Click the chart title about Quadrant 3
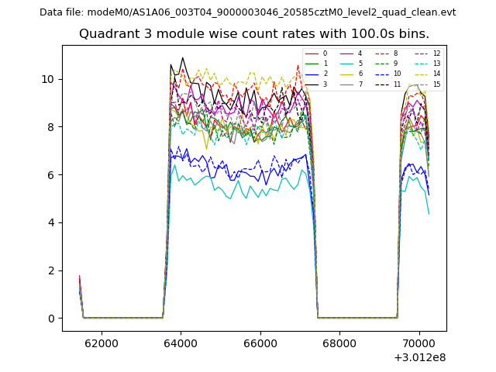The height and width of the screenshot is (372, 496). [x=253, y=34]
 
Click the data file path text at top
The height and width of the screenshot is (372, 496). [x=247, y=12]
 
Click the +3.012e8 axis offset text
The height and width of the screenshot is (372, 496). [x=419, y=357]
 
